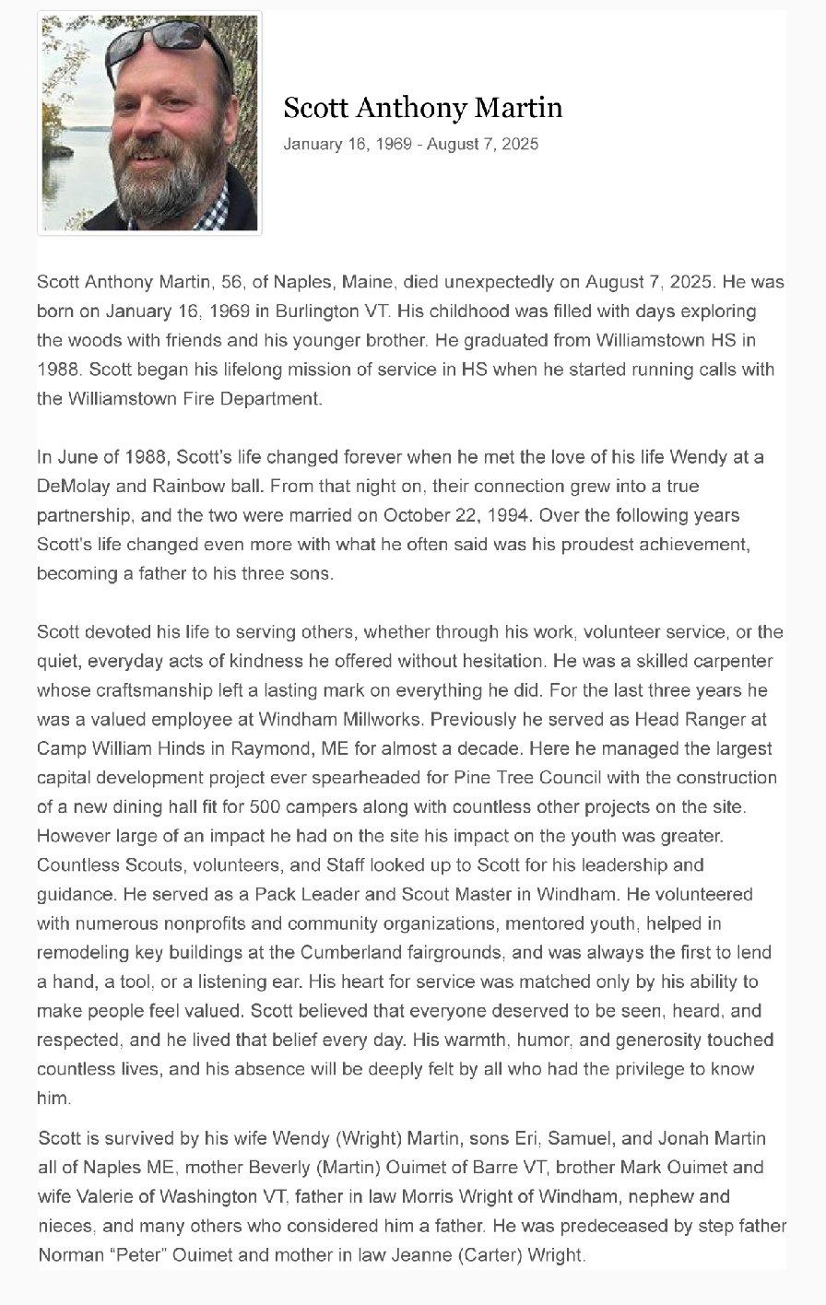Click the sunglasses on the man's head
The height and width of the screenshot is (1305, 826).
tap(171, 39)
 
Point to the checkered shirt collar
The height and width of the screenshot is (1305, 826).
tap(214, 213)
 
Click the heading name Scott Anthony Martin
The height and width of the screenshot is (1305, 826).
tap(422, 108)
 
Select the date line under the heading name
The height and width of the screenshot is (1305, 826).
tap(410, 144)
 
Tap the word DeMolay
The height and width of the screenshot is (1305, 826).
tap(72, 486)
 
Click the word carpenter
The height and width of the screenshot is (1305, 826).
tap(735, 661)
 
